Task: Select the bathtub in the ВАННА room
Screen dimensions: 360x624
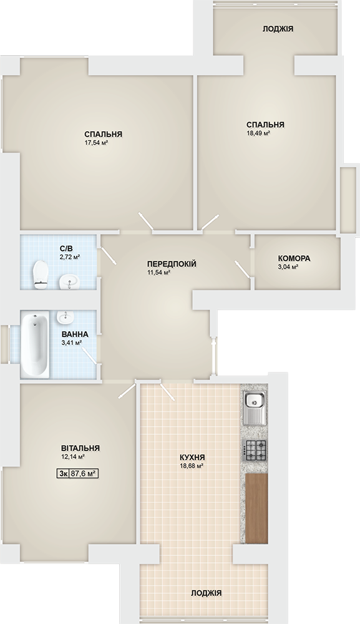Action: (x=35, y=344)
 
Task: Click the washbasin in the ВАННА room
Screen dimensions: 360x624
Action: (x=66, y=317)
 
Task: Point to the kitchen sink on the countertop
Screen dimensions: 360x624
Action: (x=255, y=408)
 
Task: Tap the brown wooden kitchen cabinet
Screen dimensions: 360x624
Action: (x=256, y=508)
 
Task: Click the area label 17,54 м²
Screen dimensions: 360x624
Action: (x=97, y=142)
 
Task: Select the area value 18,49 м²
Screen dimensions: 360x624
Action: (x=258, y=134)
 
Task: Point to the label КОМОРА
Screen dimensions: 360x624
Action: (x=294, y=258)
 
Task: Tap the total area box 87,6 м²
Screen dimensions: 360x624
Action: (x=84, y=473)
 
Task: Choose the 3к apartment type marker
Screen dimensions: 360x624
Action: (x=63, y=473)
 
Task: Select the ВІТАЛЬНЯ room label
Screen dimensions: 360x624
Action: (x=80, y=448)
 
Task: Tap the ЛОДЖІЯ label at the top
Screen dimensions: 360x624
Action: (x=278, y=29)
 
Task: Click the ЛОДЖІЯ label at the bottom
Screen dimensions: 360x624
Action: (x=206, y=593)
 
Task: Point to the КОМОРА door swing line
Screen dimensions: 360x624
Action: (x=243, y=268)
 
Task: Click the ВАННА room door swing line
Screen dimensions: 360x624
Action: (x=89, y=355)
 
